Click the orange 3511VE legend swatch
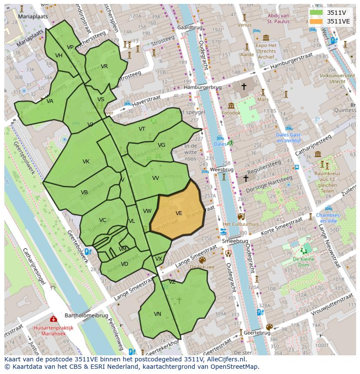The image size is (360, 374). [317, 21]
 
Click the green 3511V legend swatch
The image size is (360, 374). [317, 13]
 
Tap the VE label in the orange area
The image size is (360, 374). [179, 213]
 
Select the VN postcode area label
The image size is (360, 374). [157, 314]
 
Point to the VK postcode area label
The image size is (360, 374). [86, 162]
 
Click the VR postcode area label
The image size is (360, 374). [104, 66]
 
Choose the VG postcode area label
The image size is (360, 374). [161, 145]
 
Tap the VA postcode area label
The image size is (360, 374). [50, 101]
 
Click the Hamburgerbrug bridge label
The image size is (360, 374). [203, 87]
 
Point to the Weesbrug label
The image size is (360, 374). [222, 169]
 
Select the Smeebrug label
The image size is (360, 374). [235, 241]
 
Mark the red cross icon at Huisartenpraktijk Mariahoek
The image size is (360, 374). [53, 319]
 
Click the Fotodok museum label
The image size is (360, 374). [230, 113]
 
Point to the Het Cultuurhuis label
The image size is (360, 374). [240, 224]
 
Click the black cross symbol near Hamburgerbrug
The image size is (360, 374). [244, 87]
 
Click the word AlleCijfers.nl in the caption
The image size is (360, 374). [225, 360]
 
